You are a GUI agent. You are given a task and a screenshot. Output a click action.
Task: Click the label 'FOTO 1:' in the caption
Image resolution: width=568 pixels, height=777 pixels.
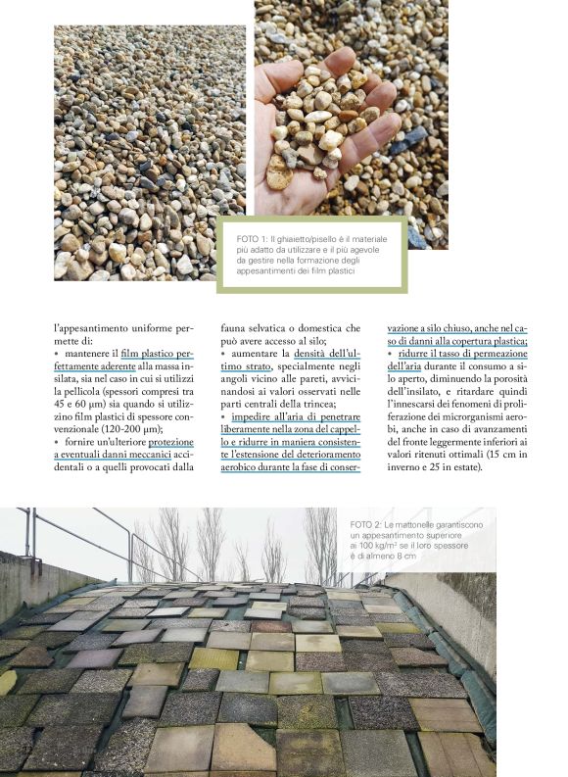(x=251, y=238)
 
